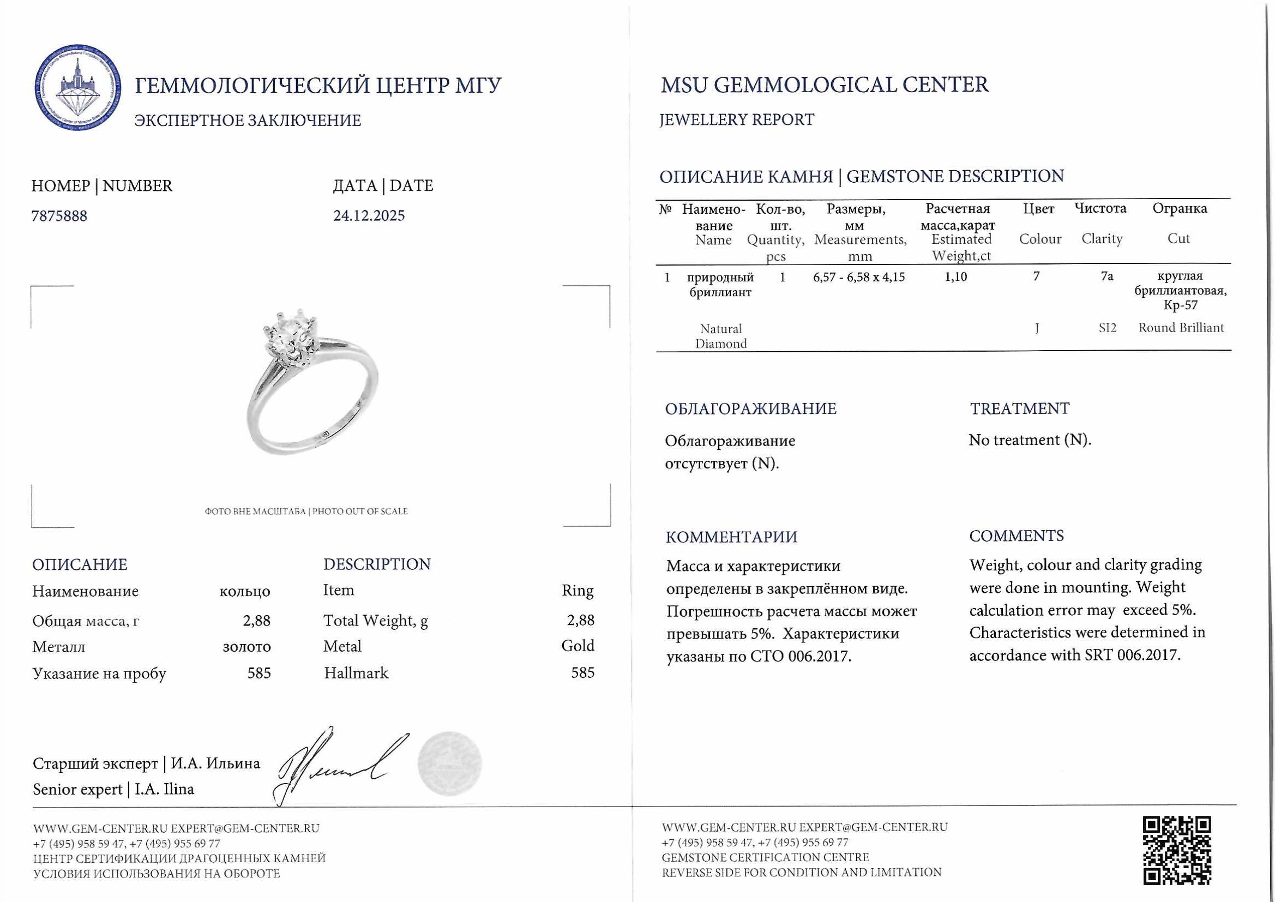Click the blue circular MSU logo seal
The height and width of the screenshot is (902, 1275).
tap(78, 88)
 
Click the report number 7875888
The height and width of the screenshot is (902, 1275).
tap(59, 216)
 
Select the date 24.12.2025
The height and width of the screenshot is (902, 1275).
tap(369, 215)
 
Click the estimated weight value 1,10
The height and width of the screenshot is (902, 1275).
tap(955, 276)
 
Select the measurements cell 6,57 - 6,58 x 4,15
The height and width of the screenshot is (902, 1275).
tap(858, 276)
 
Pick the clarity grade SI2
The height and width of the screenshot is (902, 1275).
tap(1106, 328)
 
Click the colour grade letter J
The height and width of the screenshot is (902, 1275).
tap(1037, 328)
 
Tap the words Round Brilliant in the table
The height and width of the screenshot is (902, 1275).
tap(1181, 328)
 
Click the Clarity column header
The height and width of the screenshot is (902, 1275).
tap(1101, 239)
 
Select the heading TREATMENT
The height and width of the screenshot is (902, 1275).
tap(1019, 409)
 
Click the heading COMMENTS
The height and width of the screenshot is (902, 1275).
tap(1016, 536)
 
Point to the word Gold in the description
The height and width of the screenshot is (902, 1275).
tap(578, 646)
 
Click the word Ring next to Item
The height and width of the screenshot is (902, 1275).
tap(578, 591)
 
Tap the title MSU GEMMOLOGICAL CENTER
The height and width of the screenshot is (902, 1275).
tap(825, 85)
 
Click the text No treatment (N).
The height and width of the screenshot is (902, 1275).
tap(1030, 440)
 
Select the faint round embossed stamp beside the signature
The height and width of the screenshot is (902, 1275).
tap(449, 763)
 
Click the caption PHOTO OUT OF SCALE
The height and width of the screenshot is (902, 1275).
tap(360, 512)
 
